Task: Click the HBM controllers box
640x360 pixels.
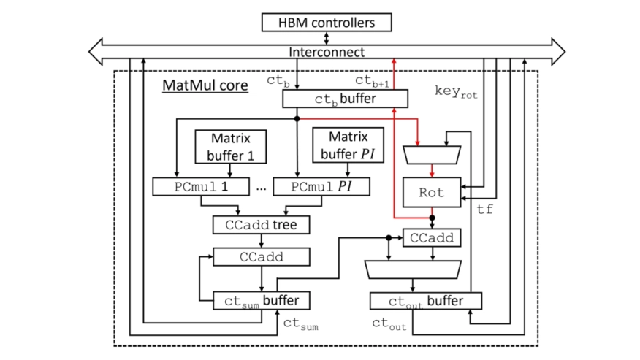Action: pos(327,23)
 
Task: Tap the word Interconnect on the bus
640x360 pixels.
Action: pos(327,53)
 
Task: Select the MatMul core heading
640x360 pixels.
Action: pos(205,86)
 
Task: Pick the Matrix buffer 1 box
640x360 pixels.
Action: pos(230,146)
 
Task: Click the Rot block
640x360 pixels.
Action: pos(432,194)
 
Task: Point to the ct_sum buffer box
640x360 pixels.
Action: pos(262,300)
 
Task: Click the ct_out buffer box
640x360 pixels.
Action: pos(426,300)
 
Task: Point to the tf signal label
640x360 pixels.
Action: pos(484,210)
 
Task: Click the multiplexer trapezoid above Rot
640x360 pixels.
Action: pos(432,154)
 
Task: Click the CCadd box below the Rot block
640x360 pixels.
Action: pos(431,237)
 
